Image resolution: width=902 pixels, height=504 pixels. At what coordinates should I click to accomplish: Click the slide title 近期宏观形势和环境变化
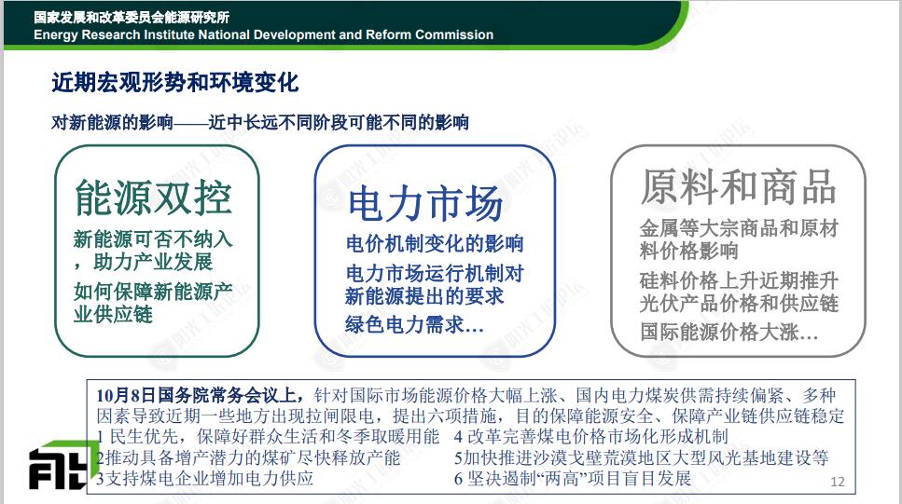174,83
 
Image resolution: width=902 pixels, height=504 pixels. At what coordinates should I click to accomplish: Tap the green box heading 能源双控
154,198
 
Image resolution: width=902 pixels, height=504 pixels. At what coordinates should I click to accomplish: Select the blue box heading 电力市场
425,203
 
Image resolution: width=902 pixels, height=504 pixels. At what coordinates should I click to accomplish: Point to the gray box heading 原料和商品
739,186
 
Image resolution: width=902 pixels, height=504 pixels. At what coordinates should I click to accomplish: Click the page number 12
838,482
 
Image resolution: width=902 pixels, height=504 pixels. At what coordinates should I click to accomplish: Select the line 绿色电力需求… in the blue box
414,325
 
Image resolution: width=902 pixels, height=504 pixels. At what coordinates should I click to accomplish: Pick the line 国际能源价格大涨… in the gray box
729,332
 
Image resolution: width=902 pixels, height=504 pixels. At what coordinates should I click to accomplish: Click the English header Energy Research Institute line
263,34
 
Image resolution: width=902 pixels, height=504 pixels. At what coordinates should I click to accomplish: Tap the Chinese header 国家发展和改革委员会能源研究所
132,18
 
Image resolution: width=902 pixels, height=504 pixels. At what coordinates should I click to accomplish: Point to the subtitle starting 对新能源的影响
260,122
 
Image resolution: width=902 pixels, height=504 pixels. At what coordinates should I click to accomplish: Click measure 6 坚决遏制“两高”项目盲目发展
573,478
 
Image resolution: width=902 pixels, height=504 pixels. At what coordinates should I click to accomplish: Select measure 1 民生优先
268,437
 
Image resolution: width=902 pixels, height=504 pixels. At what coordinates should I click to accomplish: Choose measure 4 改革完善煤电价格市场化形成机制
590,437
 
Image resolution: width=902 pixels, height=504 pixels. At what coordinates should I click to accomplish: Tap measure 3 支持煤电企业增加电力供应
205,478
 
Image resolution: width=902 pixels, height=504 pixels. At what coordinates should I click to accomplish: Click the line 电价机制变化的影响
435,244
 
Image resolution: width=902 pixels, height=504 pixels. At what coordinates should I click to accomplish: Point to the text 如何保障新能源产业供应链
153,303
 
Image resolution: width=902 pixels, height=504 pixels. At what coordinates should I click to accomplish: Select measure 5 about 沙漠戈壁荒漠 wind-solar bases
642,458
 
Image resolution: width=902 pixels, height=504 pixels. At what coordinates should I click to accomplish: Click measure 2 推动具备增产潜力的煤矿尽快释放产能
248,458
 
